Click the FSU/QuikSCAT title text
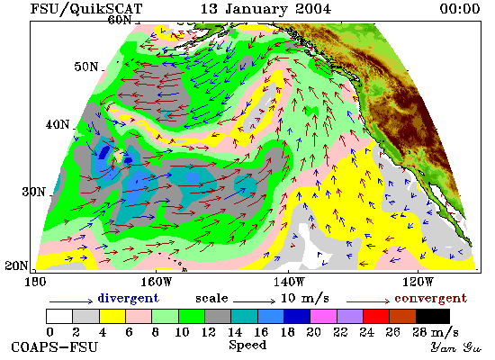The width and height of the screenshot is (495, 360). point(86,9)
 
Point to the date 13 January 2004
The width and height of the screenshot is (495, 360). point(265,8)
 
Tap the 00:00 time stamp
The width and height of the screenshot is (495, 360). point(460,8)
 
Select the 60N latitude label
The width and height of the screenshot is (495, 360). point(120,20)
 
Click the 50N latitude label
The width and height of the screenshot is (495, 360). point(85,67)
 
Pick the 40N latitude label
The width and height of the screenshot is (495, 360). point(57,124)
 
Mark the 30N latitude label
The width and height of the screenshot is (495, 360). point(33,192)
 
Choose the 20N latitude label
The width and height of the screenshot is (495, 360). point(16,265)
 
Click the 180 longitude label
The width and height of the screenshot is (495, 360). point(35,282)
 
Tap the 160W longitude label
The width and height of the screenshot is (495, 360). point(156,282)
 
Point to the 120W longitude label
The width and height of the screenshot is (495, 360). point(418,282)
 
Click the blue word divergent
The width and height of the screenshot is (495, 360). point(128,298)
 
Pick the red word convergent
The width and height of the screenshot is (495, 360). point(430,298)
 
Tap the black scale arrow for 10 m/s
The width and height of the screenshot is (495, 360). point(254,301)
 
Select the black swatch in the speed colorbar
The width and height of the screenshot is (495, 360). point(433,317)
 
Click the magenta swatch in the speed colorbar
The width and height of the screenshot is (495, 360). point(323,317)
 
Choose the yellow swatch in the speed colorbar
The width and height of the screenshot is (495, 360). point(112,317)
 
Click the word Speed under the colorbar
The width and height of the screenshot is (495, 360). point(247,346)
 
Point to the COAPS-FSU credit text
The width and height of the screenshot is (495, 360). point(55,346)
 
